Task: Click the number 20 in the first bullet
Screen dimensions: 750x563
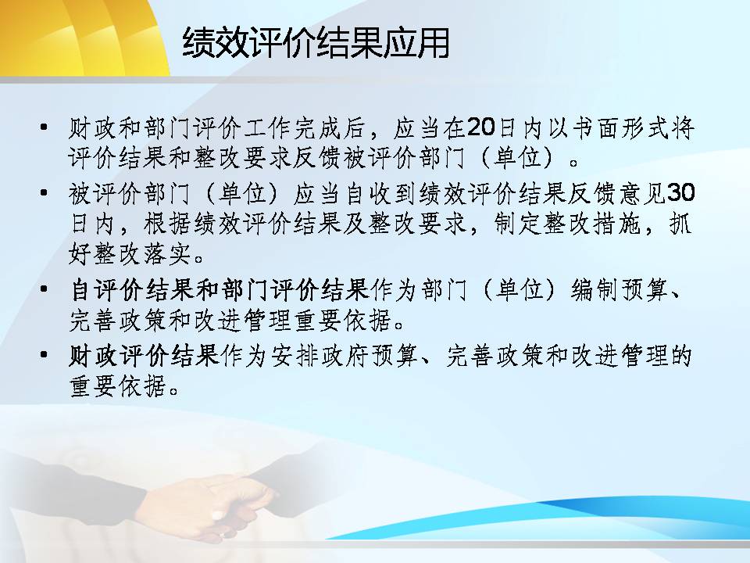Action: (x=481, y=127)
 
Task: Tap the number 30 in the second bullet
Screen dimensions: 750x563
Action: (x=680, y=192)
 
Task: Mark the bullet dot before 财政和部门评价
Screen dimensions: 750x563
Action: (x=44, y=127)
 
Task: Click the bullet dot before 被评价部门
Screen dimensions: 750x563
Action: (x=44, y=193)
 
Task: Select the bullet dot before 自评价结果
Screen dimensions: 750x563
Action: (x=44, y=289)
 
